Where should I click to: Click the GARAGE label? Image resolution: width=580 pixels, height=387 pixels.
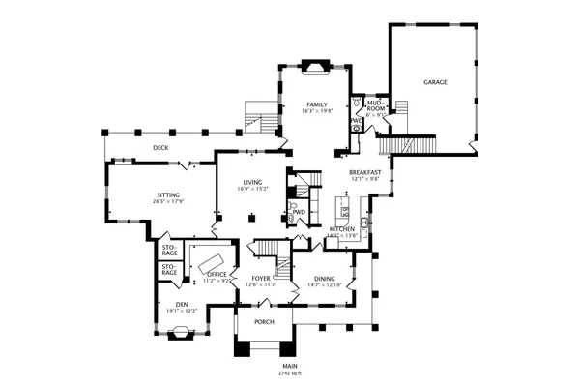[x=435, y=83]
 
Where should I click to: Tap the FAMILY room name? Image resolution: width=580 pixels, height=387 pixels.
[x=317, y=104]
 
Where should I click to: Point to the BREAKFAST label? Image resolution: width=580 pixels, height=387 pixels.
[x=365, y=172]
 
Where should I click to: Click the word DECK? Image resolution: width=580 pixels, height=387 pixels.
[x=160, y=148]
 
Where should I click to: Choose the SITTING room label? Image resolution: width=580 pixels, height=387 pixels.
[x=168, y=195]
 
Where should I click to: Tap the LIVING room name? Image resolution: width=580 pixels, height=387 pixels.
[x=252, y=182]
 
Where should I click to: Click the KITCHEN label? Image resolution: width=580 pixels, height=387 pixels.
[x=343, y=228]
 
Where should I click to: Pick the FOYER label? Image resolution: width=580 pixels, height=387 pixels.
[x=261, y=278]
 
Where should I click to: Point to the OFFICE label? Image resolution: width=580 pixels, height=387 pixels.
[x=217, y=274]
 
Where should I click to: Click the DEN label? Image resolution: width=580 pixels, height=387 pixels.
[x=181, y=304]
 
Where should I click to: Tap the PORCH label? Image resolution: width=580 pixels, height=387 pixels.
[x=264, y=321]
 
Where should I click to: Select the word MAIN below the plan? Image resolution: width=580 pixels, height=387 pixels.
[x=288, y=365]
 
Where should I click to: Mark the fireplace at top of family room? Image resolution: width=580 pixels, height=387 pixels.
[x=317, y=69]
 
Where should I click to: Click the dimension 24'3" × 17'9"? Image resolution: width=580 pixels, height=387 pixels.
[x=168, y=202]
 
